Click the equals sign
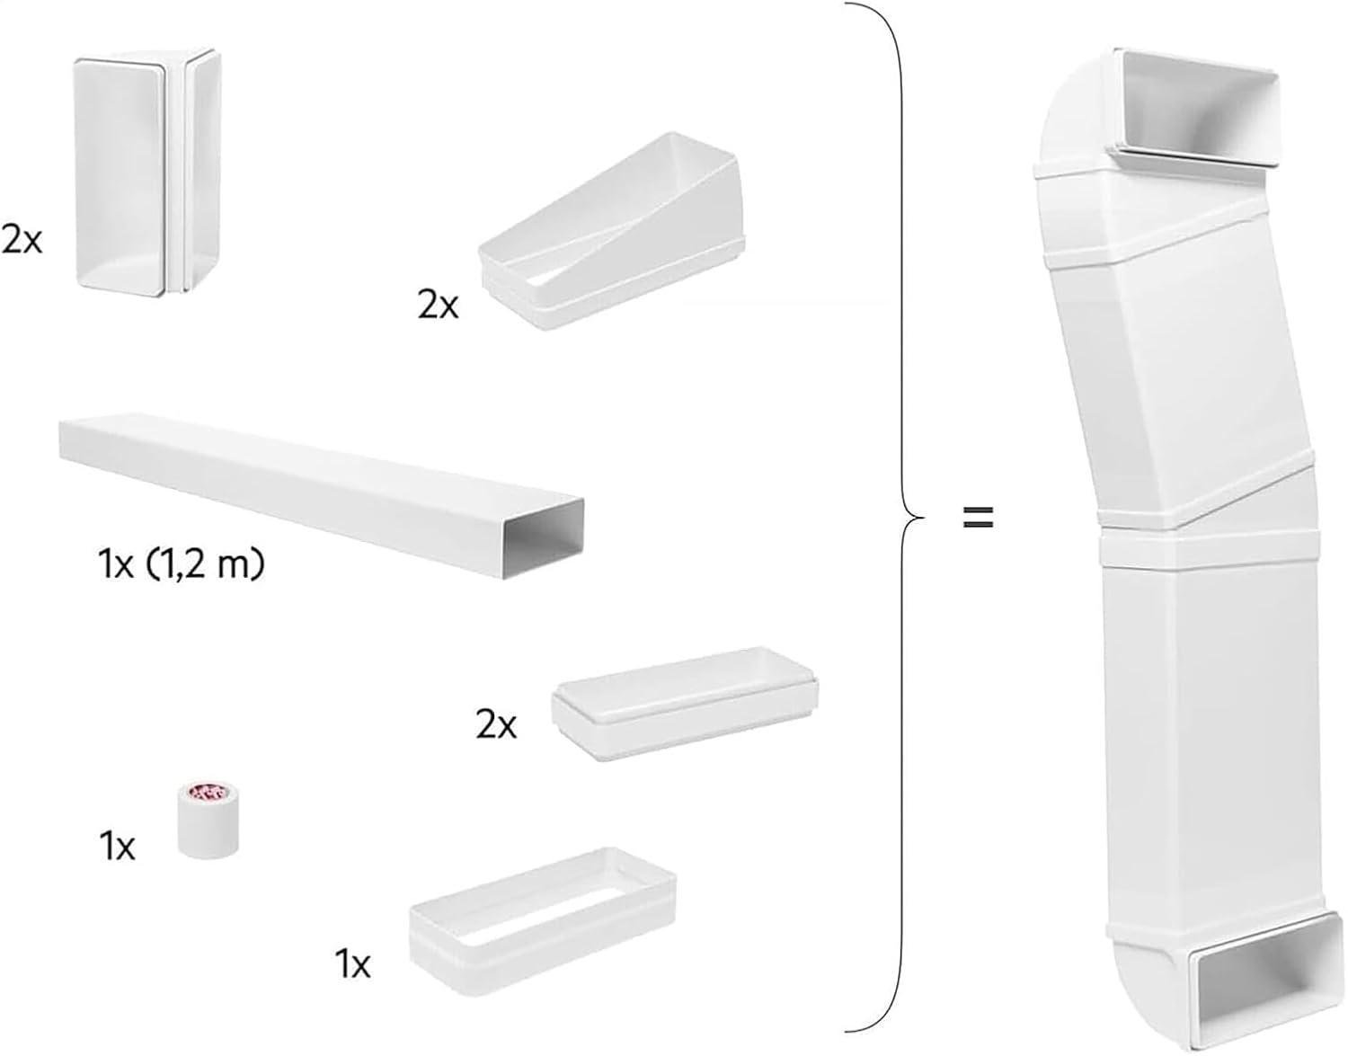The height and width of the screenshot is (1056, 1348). (x=978, y=517)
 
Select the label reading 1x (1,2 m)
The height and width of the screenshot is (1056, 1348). (x=182, y=566)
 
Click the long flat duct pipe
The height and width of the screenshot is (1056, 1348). (x=315, y=485)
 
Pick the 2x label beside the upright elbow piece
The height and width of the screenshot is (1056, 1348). (x=22, y=240)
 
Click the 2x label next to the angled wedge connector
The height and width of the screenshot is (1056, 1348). (x=438, y=306)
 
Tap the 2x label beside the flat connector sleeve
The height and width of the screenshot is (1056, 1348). (x=496, y=724)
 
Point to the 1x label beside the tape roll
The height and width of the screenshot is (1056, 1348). (x=117, y=846)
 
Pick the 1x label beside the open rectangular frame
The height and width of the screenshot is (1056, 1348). (x=352, y=964)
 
